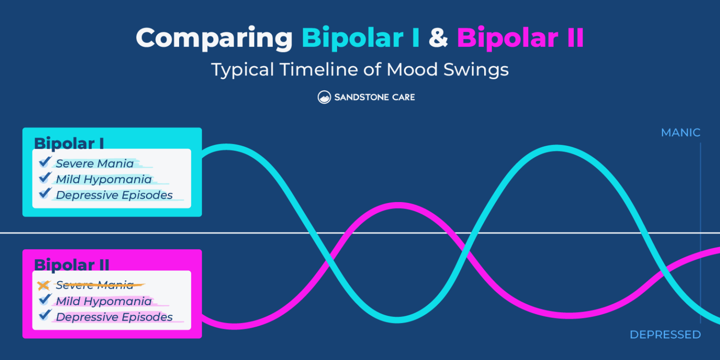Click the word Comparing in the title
pyautogui.click(x=214, y=38)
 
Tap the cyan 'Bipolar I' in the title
pyautogui.click(x=360, y=38)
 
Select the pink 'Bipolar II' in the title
pyautogui.click(x=520, y=38)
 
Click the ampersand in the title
pyautogui.click(x=438, y=38)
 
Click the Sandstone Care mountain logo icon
pyautogui.click(x=324, y=97)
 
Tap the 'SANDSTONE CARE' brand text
pyautogui.click(x=374, y=97)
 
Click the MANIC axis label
pyautogui.click(x=680, y=133)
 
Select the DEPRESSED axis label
pyautogui.click(x=665, y=335)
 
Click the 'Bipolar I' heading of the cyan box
pyautogui.click(x=69, y=143)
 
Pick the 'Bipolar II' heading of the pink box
pyautogui.click(x=72, y=265)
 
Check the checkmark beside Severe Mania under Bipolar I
pyautogui.click(x=45, y=162)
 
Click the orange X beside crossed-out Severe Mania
pyautogui.click(x=44, y=285)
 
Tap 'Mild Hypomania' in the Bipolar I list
pyautogui.click(x=104, y=180)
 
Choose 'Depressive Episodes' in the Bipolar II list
pyautogui.click(x=114, y=317)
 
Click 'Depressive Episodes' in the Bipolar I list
pyautogui.click(x=114, y=195)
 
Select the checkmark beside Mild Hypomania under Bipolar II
pyautogui.click(x=45, y=300)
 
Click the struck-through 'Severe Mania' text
pyautogui.click(x=95, y=285)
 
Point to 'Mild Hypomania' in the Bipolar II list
pyautogui.click(x=104, y=301)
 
